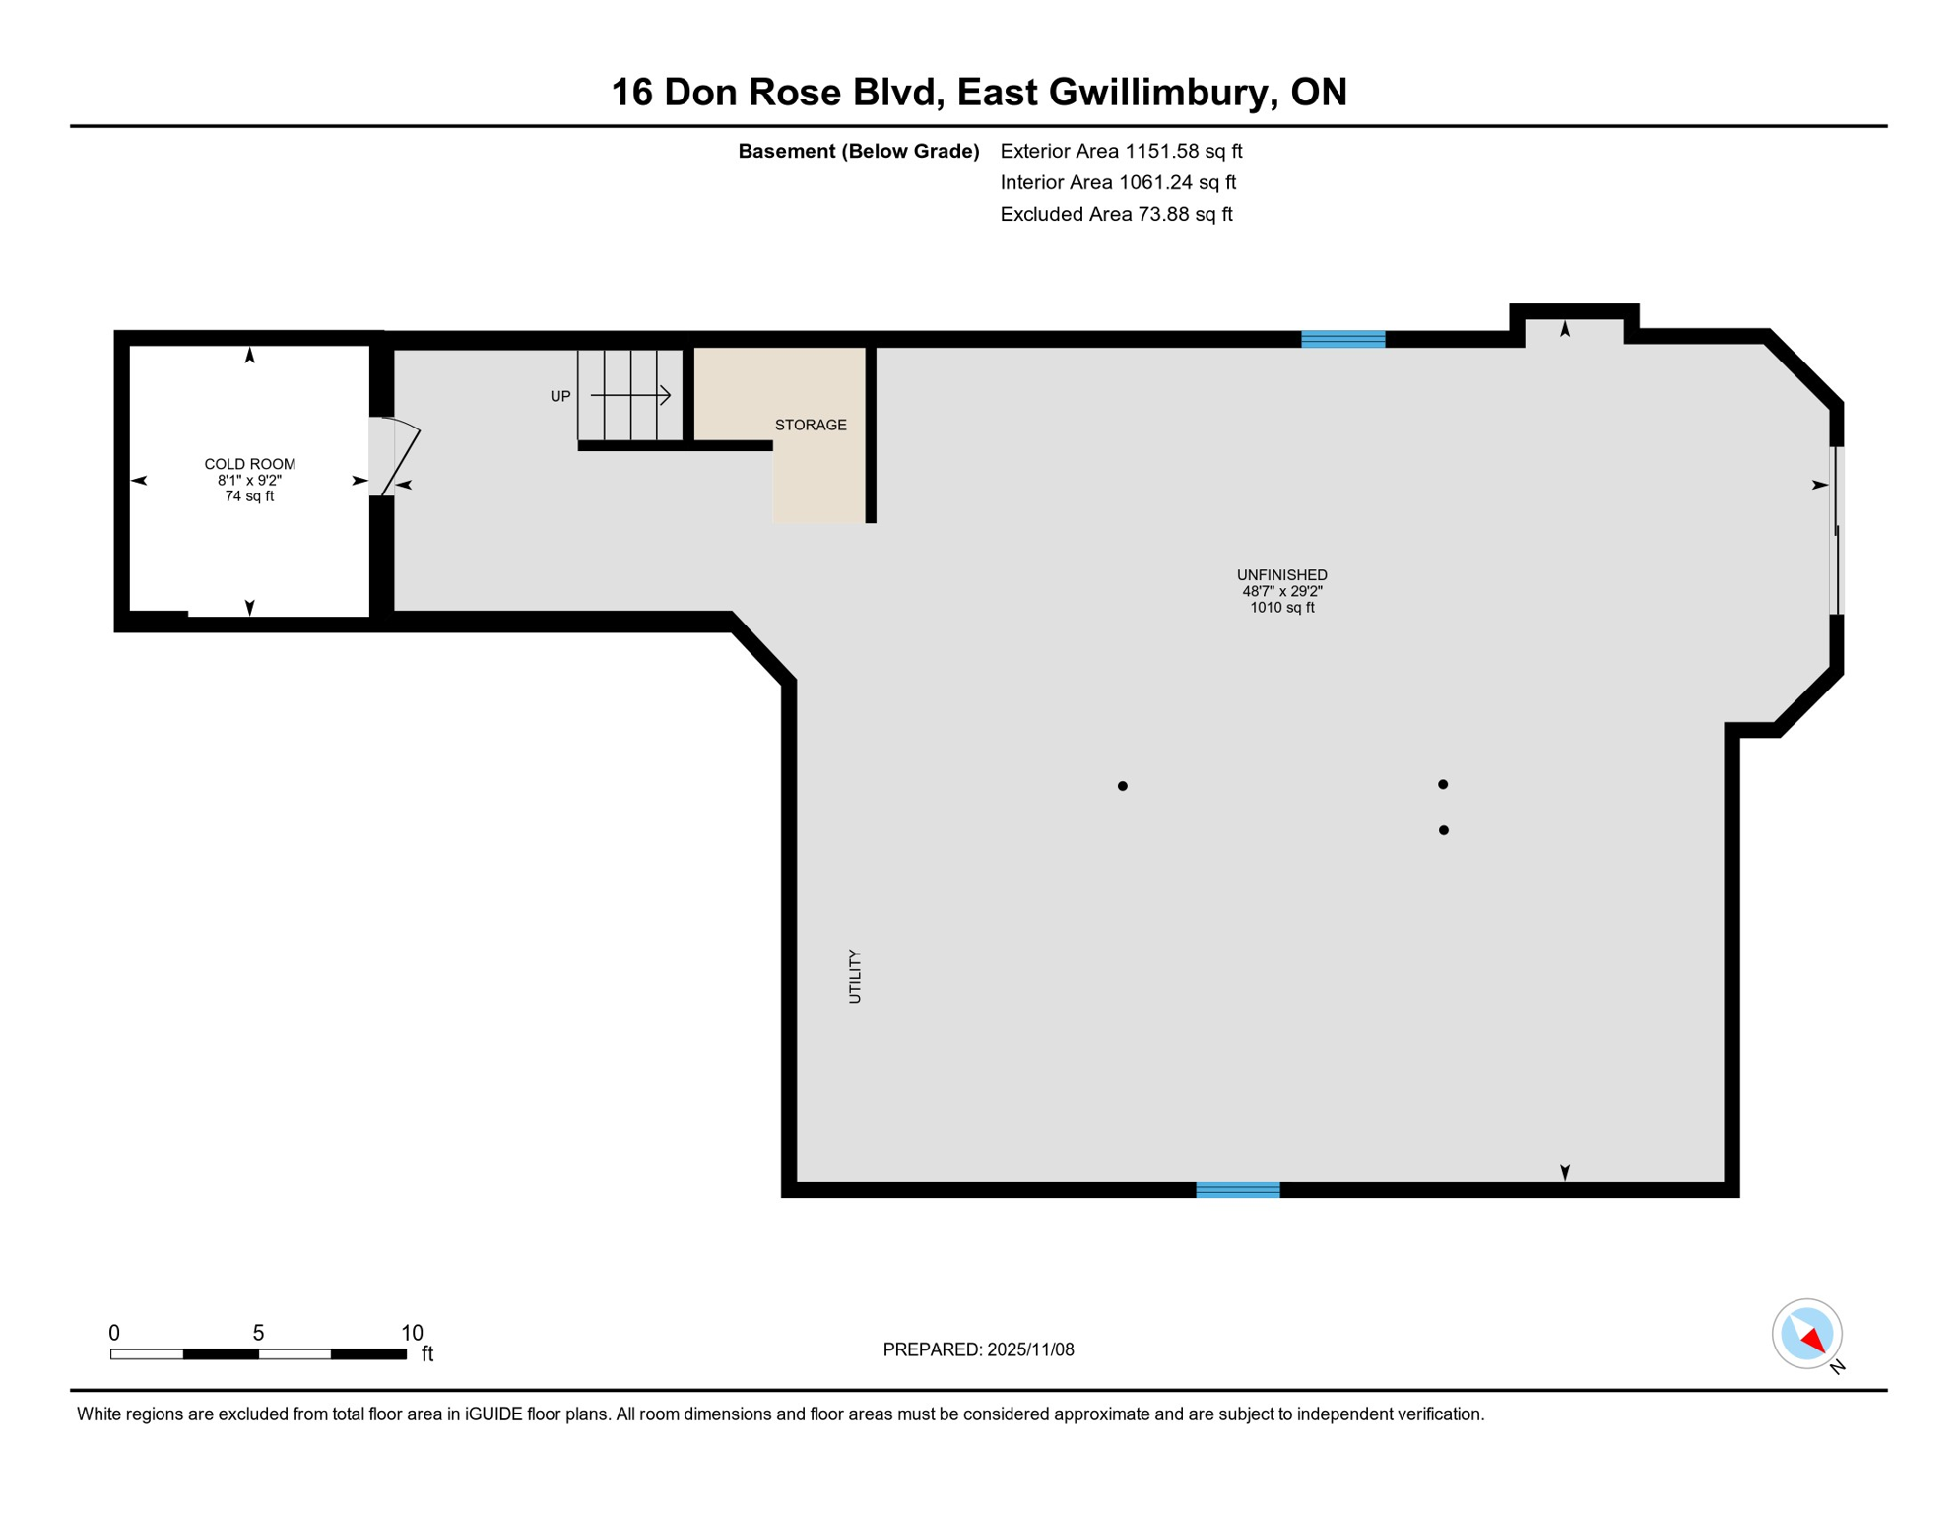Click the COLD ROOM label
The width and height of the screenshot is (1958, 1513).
pos(249,464)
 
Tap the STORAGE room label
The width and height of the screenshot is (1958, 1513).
pos(810,426)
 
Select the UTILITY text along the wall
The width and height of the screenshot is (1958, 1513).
pos(855,976)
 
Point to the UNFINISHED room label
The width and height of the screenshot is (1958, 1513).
pos(1281,575)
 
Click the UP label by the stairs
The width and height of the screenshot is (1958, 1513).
pos(560,397)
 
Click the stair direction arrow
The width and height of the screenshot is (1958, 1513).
pos(631,395)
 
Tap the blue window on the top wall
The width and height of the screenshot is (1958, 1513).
pos(1342,340)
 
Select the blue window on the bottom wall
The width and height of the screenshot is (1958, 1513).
pos(1237,1190)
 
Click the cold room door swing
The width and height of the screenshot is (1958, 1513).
pos(400,455)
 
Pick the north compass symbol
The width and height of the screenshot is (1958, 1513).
pos(1807,1335)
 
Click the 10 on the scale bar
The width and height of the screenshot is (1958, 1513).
pos(412,1333)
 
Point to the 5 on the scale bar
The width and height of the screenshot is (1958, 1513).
pos(258,1333)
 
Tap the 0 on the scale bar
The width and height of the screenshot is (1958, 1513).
pos(114,1333)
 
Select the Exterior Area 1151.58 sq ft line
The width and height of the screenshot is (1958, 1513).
pos(1121,152)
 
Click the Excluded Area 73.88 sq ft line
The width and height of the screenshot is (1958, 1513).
pos(1116,215)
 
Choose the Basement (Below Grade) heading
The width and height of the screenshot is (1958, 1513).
pos(858,152)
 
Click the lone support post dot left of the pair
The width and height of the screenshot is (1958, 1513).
pos(1122,786)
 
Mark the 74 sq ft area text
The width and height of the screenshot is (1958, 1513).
pos(249,496)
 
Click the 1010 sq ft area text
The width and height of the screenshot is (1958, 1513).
pos(1281,608)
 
